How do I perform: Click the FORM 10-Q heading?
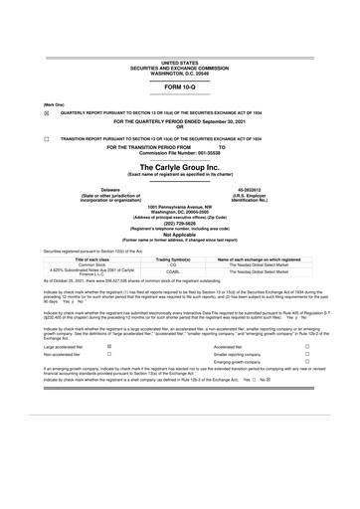click(179, 87)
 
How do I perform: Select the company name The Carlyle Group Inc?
click(179, 169)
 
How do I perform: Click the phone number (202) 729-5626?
click(179, 224)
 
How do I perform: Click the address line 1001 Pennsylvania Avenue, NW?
click(179, 206)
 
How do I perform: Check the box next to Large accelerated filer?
click(108, 347)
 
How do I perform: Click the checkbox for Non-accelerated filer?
click(108, 356)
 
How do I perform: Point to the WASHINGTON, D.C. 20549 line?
click(179, 73)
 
